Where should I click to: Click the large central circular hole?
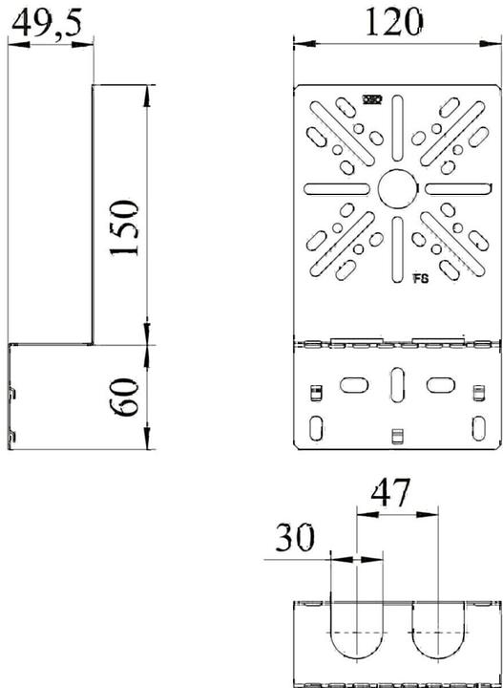pos(395,188)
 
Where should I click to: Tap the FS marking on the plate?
pos(421,279)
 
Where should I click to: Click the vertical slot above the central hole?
pos(395,132)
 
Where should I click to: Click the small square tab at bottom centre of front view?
pos(395,438)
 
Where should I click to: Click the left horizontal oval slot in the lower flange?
pos(352,383)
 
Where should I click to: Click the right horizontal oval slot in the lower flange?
pos(438,383)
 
